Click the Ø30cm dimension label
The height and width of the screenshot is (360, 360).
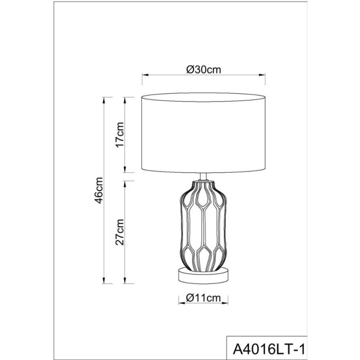pyautogui.click(x=204, y=70)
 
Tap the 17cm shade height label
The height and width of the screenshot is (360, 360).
pyautogui.click(x=120, y=135)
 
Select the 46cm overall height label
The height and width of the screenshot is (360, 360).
pyautogui.click(x=99, y=190)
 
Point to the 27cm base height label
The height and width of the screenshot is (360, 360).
pyautogui.click(x=120, y=232)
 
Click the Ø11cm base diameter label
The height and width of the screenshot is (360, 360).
pyautogui.click(x=203, y=298)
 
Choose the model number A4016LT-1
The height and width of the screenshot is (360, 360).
pyautogui.click(x=269, y=350)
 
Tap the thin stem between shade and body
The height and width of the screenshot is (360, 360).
pyautogui.click(x=203, y=177)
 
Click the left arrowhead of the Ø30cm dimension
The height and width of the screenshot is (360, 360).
pyautogui.click(x=145, y=75)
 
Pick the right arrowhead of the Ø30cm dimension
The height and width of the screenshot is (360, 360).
pyautogui.click(x=262, y=75)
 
